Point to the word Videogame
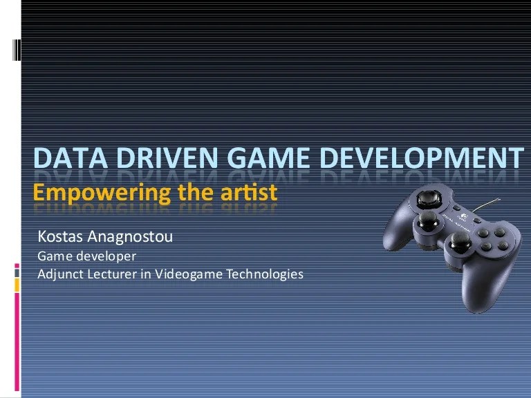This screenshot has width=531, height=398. tap(186, 274)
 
